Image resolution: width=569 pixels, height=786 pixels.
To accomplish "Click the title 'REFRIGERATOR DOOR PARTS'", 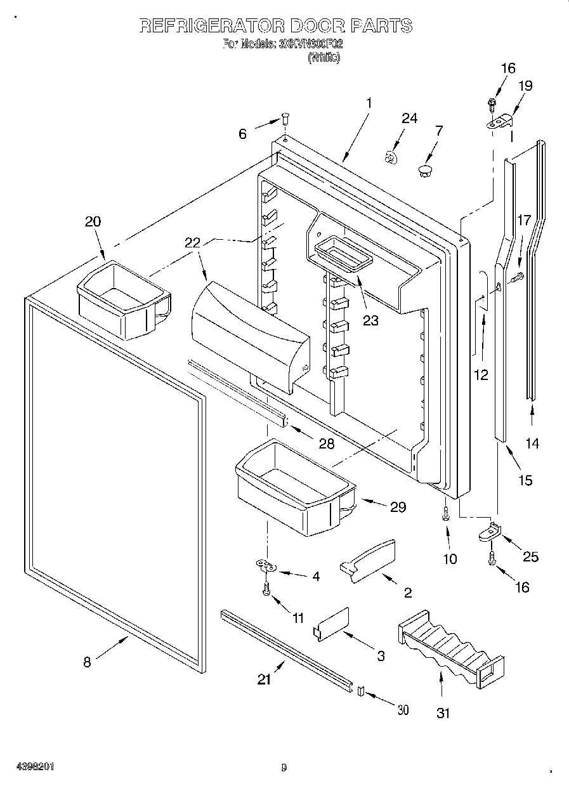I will pyautogui.click(x=275, y=26).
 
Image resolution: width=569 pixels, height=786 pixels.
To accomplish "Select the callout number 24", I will pyautogui.click(x=410, y=118).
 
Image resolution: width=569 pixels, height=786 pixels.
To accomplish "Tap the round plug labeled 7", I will pyautogui.click(x=424, y=169).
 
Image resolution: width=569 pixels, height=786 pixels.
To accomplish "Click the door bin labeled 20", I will pyautogui.click(x=122, y=298).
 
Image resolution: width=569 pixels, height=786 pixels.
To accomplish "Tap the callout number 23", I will pyautogui.click(x=370, y=320).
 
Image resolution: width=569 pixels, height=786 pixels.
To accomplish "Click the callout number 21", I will pyautogui.click(x=264, y=679).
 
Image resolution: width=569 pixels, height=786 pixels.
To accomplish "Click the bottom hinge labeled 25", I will pyautogui.click(x=490, y=534).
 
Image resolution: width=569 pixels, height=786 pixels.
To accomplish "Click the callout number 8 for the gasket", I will pyautogui.click(x=87, y=662).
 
